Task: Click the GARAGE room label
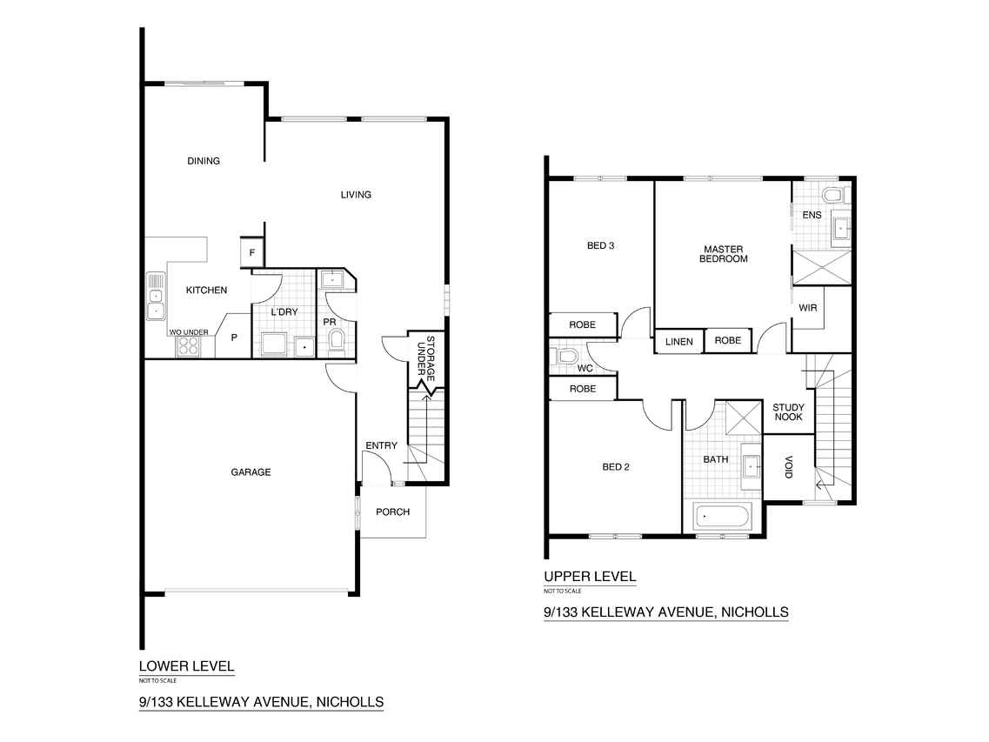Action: tap(251, 472)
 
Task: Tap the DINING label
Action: tap(204, 161)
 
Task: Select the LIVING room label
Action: tap(356, 195)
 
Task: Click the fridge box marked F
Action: tap(251, 252)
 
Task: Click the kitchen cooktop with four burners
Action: tap(187, 346)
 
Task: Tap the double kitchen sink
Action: tap(156, 296)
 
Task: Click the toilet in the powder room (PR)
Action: tap(337, 339)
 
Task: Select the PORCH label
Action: tap(393, 511)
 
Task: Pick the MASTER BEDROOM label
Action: tap(724, 254)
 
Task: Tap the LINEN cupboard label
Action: tap(679, 341)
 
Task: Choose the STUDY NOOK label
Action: tap(788, 412)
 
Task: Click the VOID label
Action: tap(788, 467)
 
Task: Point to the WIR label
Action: tap(808, 308)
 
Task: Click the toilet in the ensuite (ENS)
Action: tap(834, 194)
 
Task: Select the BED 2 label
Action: tap(616, 467)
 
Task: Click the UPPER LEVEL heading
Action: tap(590, 576)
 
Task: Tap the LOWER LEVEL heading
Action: tap(187, 665)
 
